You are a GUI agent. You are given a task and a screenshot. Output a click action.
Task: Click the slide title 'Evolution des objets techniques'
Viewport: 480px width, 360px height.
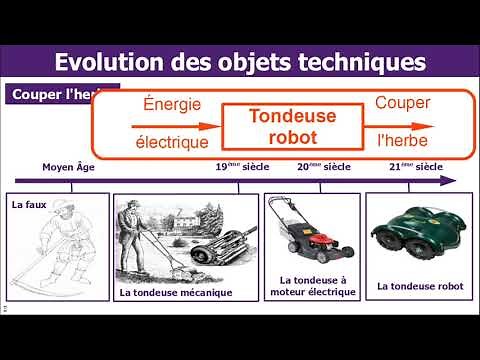240,62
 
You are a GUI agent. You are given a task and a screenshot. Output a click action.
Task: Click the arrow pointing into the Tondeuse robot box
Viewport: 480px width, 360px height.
177,127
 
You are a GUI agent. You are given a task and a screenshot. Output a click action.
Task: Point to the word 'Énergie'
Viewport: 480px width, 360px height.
172,105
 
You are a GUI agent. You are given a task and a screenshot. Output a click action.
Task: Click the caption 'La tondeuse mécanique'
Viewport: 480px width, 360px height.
175,293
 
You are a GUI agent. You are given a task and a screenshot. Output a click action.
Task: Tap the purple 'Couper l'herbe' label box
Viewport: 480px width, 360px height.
45,95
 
